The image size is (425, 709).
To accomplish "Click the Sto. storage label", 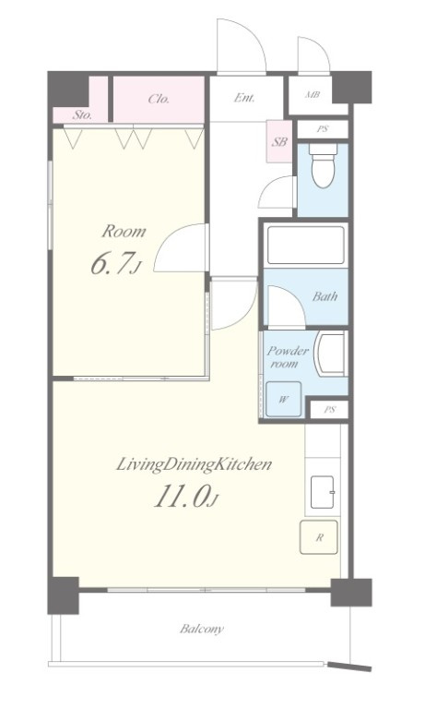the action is [x=82, y=114].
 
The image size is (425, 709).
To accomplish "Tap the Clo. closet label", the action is [x=159, y=99].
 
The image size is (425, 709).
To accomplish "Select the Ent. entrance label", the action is [x=244, y=97].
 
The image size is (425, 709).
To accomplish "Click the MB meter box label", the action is [x=313, y=95].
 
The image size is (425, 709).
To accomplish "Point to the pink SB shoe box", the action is [x=279, y=141].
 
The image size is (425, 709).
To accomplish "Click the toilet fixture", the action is [x=323, y=166].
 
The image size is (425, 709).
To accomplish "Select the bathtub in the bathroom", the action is [x=306, y=245].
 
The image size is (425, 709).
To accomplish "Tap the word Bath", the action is [x=325, y=296].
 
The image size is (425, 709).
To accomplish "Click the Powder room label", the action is [x=288, y=356].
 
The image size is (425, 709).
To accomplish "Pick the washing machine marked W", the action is [x=283, y=399].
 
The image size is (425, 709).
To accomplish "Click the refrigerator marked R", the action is [x=319, y=537].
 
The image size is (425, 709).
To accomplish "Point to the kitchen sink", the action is [x=322, y=492].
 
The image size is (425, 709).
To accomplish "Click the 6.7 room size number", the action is [x=112, y=263].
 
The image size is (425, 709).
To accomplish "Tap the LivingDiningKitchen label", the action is [x=195, y=464].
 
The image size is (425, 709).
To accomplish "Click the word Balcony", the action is [x=202, y=629].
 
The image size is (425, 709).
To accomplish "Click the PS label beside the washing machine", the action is [x=330, y=410].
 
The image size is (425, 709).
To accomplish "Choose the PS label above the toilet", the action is [x=322, y=129].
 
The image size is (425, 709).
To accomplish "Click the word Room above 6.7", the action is [x=124, y=231].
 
